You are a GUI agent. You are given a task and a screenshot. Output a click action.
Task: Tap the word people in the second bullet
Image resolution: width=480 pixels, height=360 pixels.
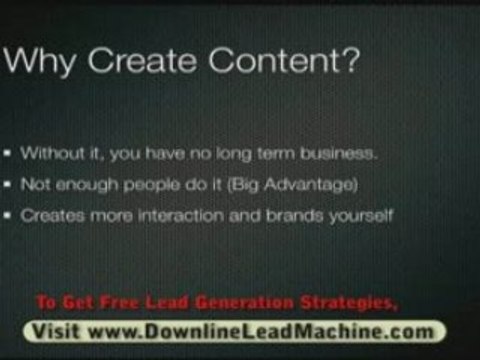[x=124, y=185]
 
